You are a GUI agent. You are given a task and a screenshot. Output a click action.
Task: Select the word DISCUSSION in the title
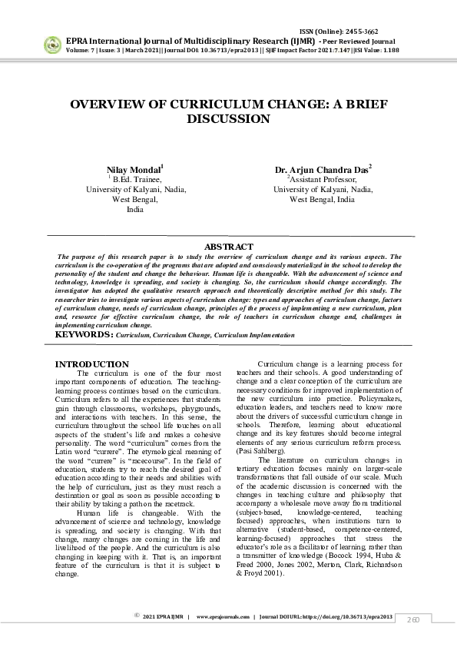point(228,119)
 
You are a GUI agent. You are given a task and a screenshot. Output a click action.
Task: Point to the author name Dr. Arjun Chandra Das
point(322,168)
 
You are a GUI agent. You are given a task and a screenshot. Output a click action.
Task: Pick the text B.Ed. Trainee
point(137,178)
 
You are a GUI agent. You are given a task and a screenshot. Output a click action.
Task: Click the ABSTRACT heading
point(228,247)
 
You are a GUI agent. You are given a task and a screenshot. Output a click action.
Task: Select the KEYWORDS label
point(84,335)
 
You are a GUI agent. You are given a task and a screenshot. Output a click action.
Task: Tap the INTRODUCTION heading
point(92,363)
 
